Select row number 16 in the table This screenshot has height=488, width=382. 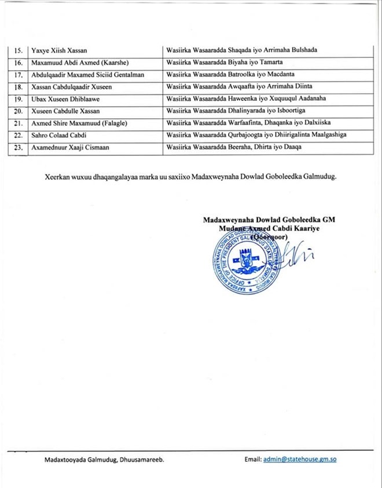coord(19,63)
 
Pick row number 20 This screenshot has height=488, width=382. coord(19,111)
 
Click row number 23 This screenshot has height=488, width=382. coord(19,148)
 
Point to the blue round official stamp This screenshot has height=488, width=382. coord(245,261)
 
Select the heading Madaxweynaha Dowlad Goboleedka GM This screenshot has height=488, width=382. coord(269,220)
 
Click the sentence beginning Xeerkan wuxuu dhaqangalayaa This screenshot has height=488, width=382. coord(190,177)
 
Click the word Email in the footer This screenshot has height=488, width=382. coord(252,460)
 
